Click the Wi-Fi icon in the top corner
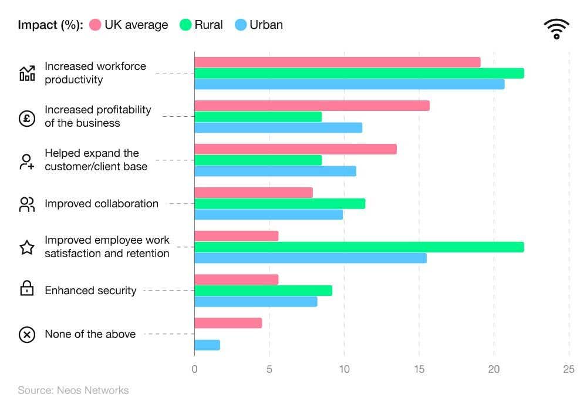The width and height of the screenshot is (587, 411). point(556,29)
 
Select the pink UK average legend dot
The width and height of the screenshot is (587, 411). point(95,25)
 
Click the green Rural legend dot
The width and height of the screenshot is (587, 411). point(185,25)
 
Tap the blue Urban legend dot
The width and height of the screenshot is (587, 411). point(240,25)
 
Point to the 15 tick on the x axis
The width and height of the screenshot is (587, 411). point(419,370)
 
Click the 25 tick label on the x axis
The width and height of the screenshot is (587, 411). point(568,370)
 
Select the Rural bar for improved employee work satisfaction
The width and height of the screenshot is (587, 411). point(359,247)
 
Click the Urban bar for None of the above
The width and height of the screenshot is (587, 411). point(207,345)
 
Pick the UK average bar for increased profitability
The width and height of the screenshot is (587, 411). point(312,106)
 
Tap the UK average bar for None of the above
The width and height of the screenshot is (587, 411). point(228,323)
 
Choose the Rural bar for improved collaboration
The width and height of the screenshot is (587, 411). point(279,204)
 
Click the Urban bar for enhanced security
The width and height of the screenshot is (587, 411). point(255,302)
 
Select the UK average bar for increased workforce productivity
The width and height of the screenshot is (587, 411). point(337,62)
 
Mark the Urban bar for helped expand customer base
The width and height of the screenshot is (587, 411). point(275,171)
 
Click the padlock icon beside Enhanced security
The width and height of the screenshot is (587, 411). point(27,289)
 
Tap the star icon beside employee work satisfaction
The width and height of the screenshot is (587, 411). point(27,247)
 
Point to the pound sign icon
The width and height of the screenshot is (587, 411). point(27,117)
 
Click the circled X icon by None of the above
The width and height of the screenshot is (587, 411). point(27,335)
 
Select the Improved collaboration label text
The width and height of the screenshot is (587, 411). point(102,204)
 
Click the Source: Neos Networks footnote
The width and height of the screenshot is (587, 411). point(73,390)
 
